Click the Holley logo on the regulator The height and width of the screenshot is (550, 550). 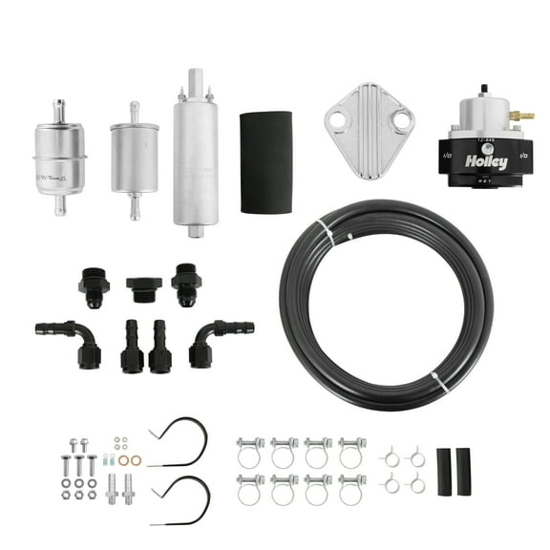click(487, 163)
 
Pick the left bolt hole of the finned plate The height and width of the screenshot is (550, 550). click(339, 120)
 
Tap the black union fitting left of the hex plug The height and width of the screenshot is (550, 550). click(95, 285)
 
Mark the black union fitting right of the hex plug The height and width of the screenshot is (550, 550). click(185, 286)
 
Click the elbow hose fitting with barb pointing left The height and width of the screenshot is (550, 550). click(67, 339)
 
